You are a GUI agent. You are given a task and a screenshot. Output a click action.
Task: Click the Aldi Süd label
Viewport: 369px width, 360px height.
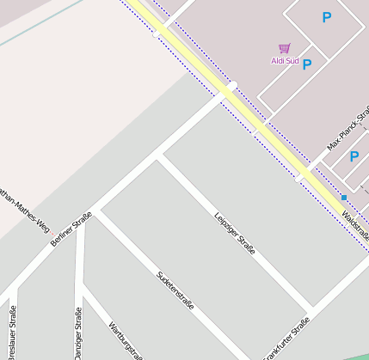[286, 60]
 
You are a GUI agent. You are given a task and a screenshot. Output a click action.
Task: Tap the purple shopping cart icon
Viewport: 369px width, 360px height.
[285, 48]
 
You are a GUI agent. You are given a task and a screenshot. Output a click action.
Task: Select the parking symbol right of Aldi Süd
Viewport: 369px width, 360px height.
[307, 64]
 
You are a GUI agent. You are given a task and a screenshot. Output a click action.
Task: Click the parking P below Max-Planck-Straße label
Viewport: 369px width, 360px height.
[354, 156]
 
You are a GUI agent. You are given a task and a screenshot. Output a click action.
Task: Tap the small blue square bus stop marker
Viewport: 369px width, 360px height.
[343, 198]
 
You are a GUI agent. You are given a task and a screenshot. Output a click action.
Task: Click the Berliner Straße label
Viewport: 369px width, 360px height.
[71, 229]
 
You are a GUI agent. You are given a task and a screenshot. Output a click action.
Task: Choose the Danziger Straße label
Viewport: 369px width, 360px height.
[78, 338]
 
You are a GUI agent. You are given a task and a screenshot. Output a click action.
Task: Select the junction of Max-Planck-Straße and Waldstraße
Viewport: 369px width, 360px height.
[302, 176]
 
